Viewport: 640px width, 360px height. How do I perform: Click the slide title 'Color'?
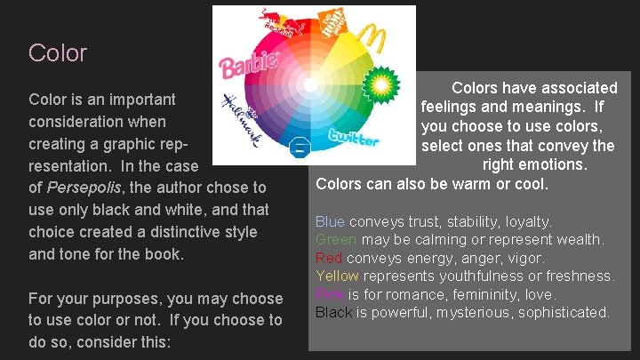58,53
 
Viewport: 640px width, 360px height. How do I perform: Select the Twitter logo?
354,138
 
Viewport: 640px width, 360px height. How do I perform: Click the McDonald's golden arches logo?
372,40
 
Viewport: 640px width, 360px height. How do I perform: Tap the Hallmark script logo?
242,112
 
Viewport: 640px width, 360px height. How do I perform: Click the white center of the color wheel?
309,85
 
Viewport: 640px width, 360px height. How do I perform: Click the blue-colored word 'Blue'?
331,221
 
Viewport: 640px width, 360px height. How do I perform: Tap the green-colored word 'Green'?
336,240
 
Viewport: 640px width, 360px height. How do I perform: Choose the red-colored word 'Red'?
329,258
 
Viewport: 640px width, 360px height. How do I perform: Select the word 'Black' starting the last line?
334,312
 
